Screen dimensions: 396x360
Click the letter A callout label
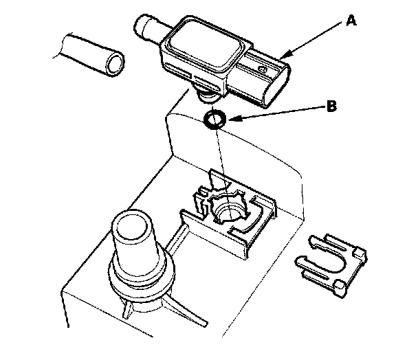coord(351,21)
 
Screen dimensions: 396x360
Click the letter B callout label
coord(331,106)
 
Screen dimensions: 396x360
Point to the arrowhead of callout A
coord(285,56)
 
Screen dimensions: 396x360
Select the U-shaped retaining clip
coord(331,265)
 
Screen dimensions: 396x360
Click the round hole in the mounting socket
coord(228,210)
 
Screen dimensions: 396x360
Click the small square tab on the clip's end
coord(359,251)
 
